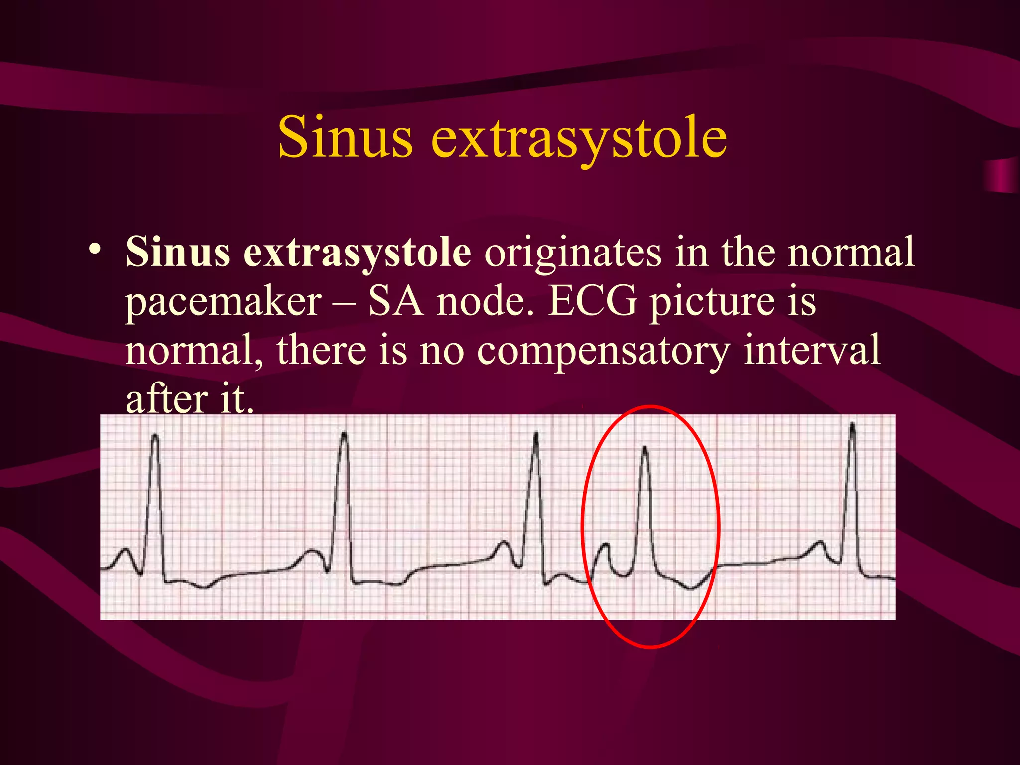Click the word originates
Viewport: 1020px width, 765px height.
click(573, 252)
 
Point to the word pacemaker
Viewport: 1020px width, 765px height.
click(223, 303)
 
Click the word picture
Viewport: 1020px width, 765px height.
click(712, 303)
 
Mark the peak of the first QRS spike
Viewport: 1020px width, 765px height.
click(155, 436)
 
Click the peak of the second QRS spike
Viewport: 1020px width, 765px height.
click(344, 434)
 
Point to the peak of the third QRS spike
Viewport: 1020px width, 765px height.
click(536, 434)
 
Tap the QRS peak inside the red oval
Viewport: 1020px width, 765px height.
click(645, 448)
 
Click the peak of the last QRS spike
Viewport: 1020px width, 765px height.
click(852, 425)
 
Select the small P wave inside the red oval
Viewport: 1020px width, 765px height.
click(606, 546)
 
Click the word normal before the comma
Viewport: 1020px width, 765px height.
click(189, 350)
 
